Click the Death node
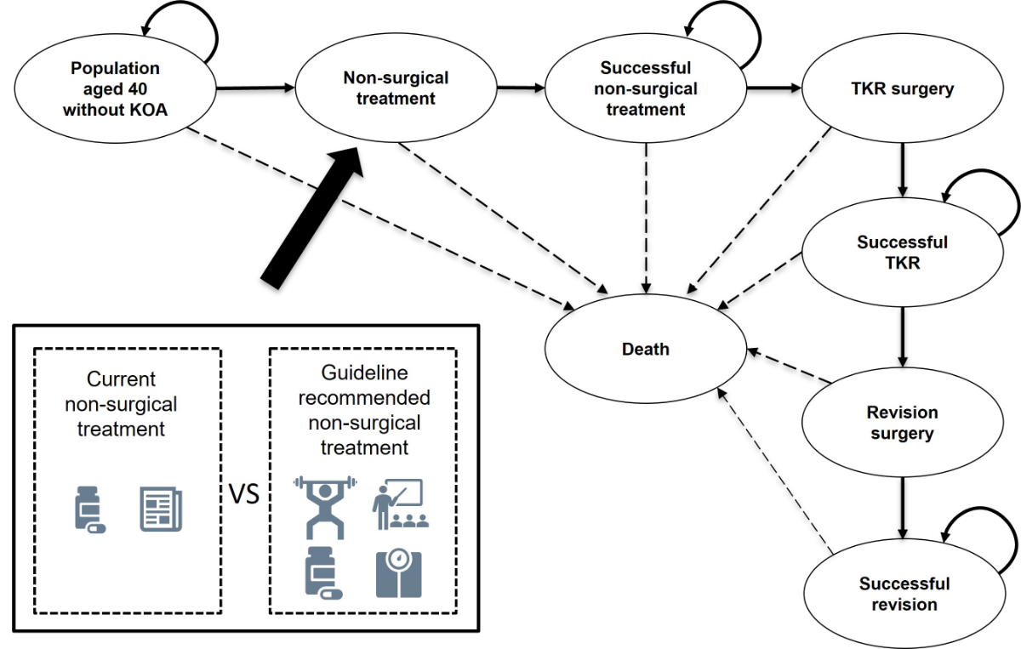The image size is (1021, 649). (x=645, y=349)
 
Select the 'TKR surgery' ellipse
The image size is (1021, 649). (x=902, y=88)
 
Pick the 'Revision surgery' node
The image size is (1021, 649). (x=902, y=423)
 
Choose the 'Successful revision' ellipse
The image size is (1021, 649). (x=904, y=595)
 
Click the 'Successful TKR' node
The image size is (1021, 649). (x=902, y=253)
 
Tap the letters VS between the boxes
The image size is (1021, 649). (x=244, y=494)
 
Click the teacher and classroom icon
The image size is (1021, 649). (x=401, y=503)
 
